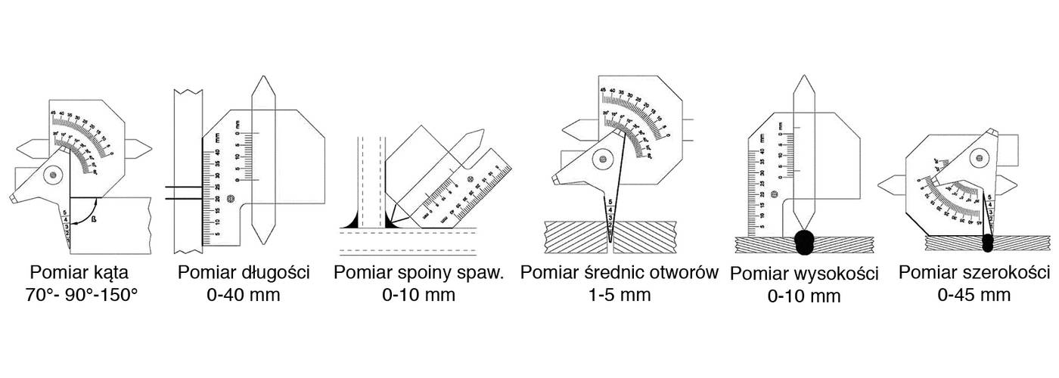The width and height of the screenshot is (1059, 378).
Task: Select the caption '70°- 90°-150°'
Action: pyautogui.click(x=82, y=294)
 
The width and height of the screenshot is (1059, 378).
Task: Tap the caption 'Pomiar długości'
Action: pyautogui.click(x=244, y=272)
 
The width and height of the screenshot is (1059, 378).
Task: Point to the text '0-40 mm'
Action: pyautogui.click(x=244, y=294)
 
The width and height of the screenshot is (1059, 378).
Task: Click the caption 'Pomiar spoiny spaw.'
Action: pyautogui.click(x=418, y=272)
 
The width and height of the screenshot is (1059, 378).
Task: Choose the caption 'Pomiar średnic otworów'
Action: pyautogui.click(x=619, y=272)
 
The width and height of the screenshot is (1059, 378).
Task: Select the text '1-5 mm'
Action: pyautogui.click(x=619, y=294)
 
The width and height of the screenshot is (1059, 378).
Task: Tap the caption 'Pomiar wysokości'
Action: pyautogui.click(x=804, y=274)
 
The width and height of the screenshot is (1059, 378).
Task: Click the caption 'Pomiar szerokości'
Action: pyautogui.click(x=974, y=272)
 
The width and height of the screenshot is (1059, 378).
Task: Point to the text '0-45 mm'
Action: pyautogui.click(x=974, y=295)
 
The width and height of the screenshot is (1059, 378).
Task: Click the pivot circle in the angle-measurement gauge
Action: pyautogui.click(x=52, y=175)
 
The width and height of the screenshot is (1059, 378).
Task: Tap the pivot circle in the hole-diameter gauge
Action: pyautogui.click(x=604, y=159)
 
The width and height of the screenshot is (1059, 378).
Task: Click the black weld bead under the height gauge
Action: pyautogui.click(x=805, y=241)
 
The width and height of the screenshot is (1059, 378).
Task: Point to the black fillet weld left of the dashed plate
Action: pyautogui.click(x=352, y=222)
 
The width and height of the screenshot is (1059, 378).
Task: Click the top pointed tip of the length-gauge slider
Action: pyautogui.click(x=262, y=78)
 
